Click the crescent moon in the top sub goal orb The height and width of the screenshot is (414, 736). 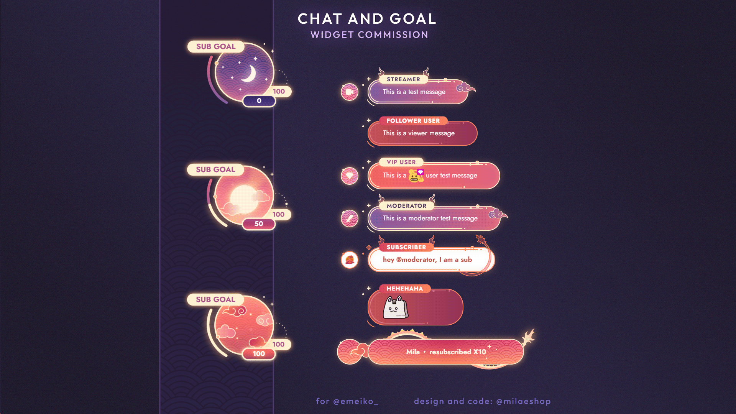click(250, 74)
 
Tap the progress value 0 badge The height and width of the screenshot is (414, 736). click(259, 101)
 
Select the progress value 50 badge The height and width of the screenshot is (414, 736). click(259, 224)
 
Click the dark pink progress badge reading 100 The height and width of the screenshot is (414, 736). click(259, 354)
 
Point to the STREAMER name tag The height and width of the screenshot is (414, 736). click(403, 79)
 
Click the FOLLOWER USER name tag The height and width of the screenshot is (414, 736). click(413, 121)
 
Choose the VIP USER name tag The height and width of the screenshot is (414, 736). click(401, 162)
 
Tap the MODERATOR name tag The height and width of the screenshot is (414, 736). click(406, 206)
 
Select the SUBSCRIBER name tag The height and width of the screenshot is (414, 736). click(406, 247)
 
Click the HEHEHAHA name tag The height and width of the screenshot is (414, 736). click(404, 289)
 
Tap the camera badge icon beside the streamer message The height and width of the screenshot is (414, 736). click(349, 92)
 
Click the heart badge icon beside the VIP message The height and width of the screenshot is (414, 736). click(349, 176)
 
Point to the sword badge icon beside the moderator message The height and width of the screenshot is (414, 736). click(349, 219)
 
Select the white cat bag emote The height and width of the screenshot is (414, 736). click(395, 308)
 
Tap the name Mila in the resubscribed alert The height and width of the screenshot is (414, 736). click(413, 352)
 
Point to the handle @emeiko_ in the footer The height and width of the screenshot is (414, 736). click(355, 401)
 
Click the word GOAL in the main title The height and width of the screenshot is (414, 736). click(412, 19)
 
